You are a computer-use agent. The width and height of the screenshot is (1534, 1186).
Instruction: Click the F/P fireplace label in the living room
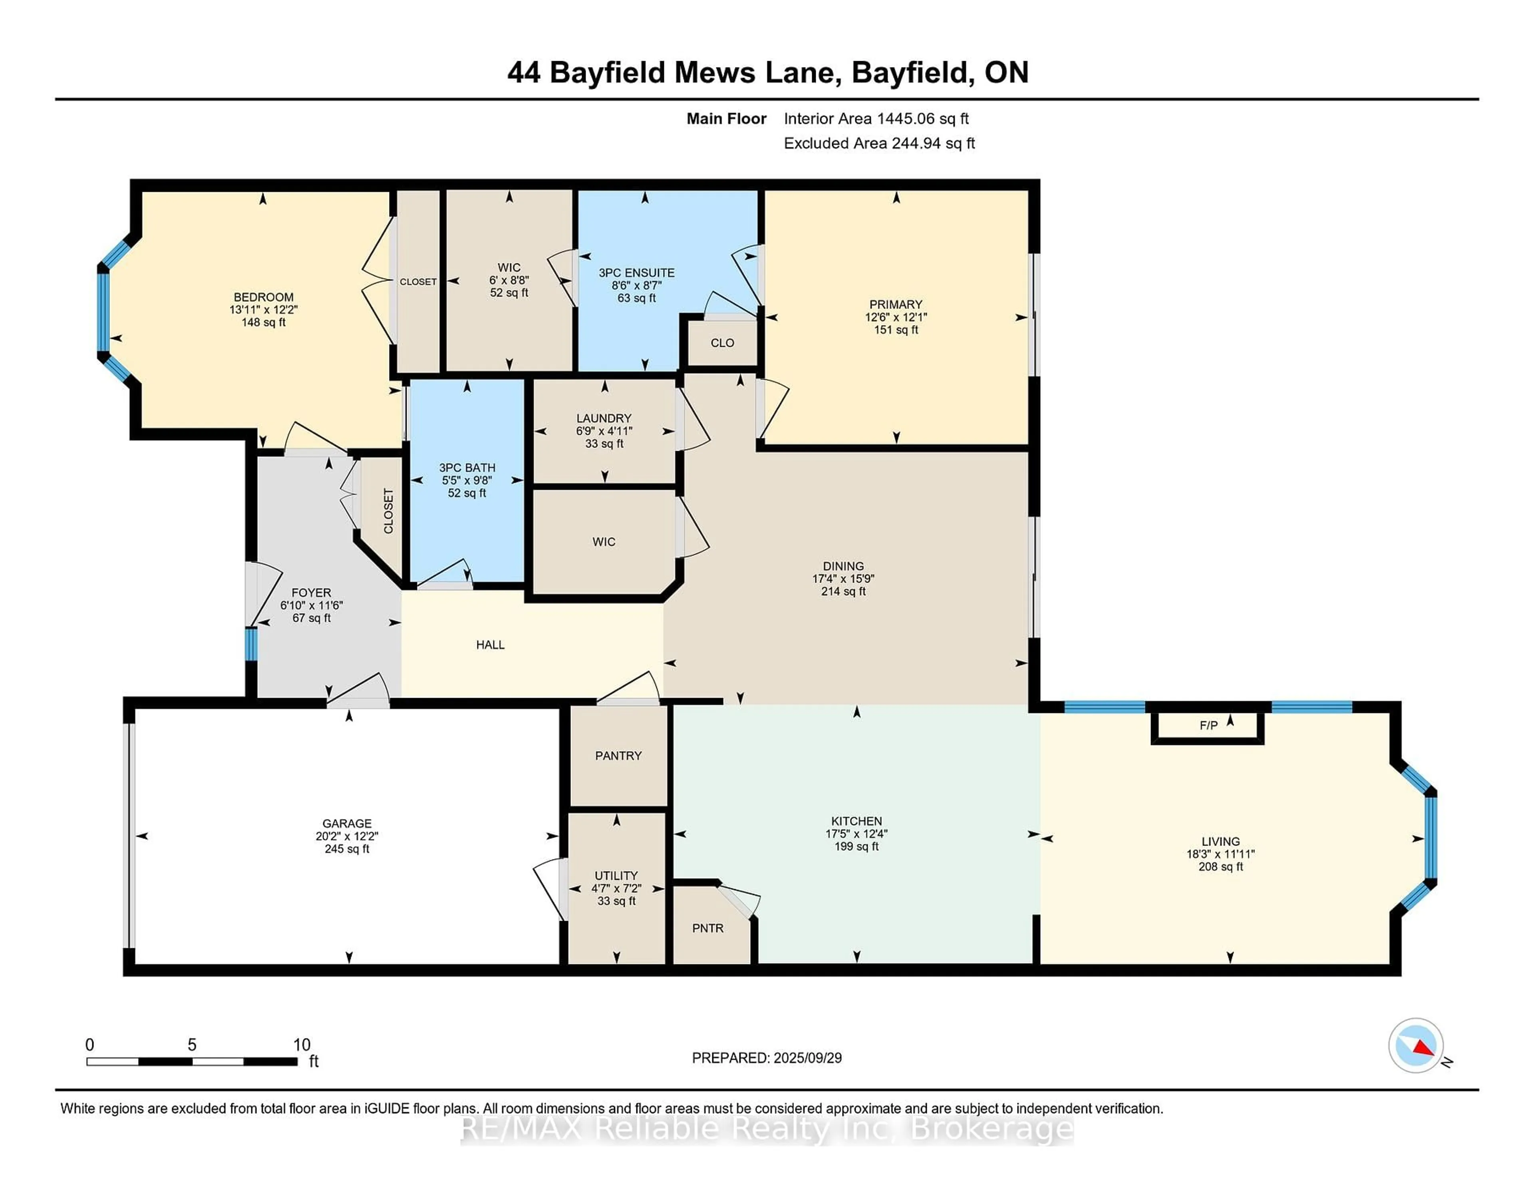pos(1208,725)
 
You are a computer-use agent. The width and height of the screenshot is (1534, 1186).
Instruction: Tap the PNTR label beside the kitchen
pos(707,928)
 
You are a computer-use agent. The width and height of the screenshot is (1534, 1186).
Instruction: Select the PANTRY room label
pos(618,755)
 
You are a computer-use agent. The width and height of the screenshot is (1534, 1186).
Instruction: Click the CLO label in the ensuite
pos(722,343)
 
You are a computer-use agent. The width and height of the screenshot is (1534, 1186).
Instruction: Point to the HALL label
pos(490,644)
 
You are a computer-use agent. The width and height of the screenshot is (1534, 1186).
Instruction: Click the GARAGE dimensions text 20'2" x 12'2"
pos(347,836)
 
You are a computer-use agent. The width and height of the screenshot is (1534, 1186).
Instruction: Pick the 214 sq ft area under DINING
pos(844,591)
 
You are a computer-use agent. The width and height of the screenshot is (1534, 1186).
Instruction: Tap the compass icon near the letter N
pos(1415,1045)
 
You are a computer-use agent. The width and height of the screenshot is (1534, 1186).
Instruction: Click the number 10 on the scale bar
pos(301,1045)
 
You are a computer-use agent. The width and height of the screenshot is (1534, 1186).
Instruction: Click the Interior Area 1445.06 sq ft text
pos(876,119)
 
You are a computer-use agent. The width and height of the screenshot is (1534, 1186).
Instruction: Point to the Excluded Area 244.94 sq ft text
pos(879,143)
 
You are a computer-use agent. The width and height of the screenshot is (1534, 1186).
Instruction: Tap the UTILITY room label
pos(616,876)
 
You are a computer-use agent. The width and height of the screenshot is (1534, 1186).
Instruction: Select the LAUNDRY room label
pos(604,418)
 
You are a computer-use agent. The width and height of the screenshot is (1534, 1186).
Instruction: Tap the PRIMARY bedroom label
pos(896,304)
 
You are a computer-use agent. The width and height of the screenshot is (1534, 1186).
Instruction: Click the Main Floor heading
pos(726,119)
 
